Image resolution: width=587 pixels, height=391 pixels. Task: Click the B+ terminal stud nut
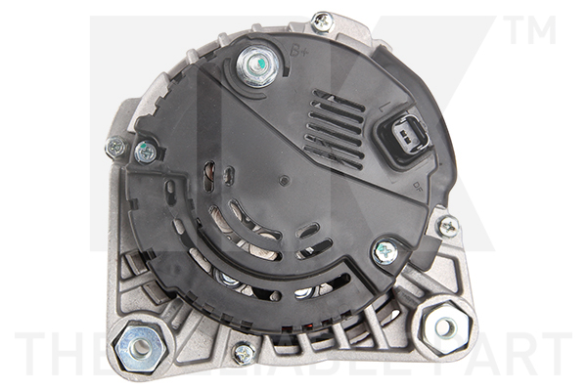tap(256, 67)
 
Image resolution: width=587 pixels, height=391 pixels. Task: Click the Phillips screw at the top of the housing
tap(322, 21)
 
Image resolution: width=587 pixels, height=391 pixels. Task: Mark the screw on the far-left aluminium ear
tap(115, 147)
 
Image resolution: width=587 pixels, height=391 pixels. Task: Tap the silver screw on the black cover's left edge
tap(146, 152)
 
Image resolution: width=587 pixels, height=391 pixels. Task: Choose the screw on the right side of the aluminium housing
tap(448, 227)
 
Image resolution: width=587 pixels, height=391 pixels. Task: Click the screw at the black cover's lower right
tap(385, 251)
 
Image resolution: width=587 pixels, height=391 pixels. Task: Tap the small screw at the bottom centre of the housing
tap(244, 353)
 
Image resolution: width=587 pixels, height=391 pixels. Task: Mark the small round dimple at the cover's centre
tap(283, 181)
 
